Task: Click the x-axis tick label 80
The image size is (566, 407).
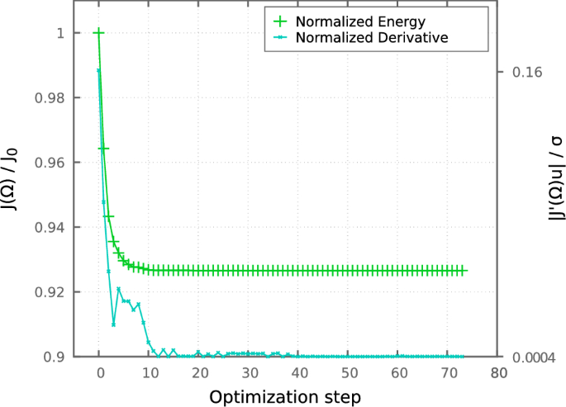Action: (497, 373)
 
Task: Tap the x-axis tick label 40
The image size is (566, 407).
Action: (298, 373)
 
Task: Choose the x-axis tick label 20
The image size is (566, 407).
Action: (198, 373)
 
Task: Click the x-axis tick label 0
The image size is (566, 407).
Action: (99, 373)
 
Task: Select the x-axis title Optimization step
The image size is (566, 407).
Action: (284, 397)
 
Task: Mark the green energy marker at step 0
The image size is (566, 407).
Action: (99, 33)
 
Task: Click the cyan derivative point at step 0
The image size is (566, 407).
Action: (99, 70)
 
